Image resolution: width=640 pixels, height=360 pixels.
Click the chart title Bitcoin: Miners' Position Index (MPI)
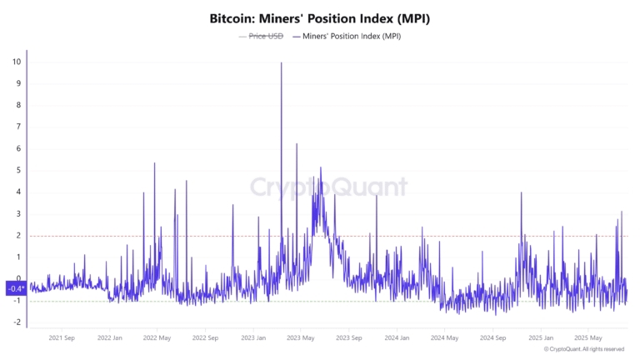pos(320,17)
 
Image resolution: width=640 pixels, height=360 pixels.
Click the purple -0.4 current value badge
pos(15,288)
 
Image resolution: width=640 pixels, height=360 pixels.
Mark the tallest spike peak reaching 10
pos(282,63)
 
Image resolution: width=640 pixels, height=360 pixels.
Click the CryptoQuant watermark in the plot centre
pos(329,187)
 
